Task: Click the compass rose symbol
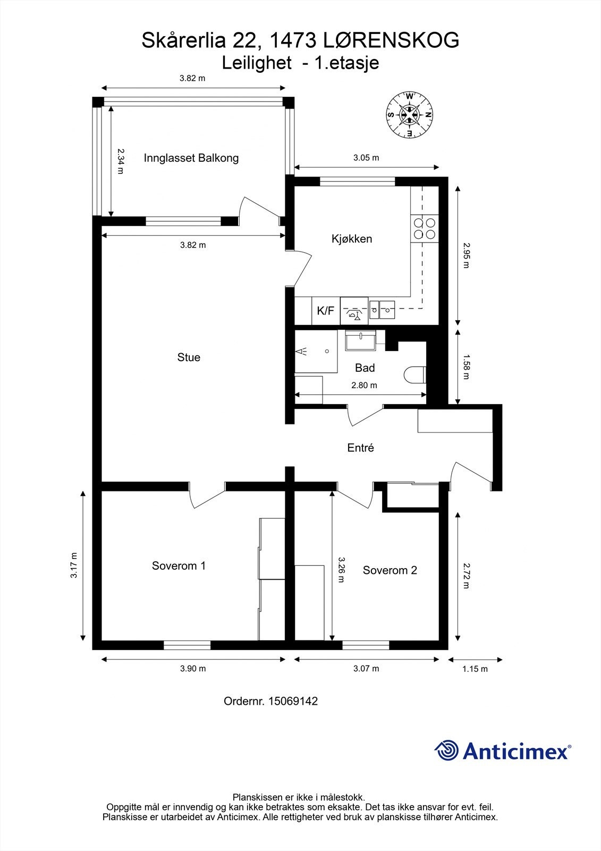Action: (410, 115)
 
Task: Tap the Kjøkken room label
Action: (352, 239)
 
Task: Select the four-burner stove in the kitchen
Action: (425, 229)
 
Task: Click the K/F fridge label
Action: (326, 311)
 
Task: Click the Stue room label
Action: (189, 357)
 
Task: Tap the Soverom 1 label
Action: (179, 566)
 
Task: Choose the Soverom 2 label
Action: (390, 570)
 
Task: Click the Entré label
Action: (361, 447)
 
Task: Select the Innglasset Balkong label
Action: (191, 158)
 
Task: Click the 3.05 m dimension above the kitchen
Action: (366, 157)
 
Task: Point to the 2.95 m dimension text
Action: (466, 255)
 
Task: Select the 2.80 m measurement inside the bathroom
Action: (364, 385)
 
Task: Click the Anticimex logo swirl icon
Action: (446, 750)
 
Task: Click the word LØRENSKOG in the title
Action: (391, 40)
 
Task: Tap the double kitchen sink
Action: (382, 310)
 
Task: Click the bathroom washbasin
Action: (360, 340)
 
